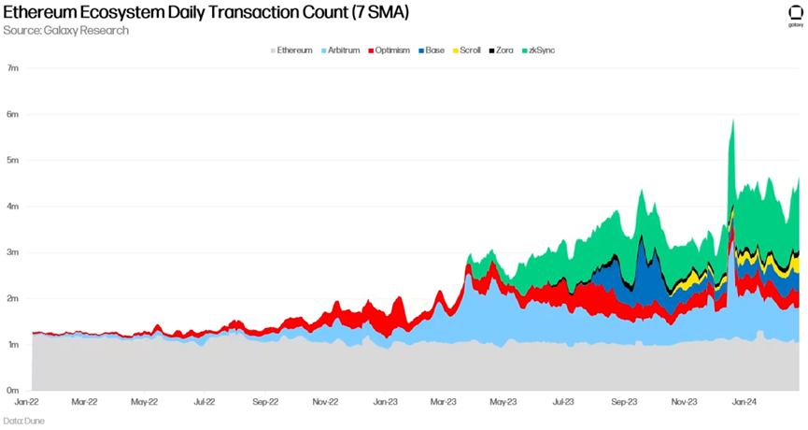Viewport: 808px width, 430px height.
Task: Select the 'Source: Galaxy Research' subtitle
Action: [67, 31]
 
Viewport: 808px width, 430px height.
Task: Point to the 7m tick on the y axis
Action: [13, 68]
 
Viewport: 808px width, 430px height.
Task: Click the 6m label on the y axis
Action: [13, 114]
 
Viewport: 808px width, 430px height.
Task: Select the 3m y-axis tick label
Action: [13, 252]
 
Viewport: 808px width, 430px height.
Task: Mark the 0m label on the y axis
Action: [13, 390]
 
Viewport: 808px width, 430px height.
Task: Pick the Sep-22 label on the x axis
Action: [265, 403]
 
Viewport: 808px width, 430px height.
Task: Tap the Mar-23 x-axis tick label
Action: [444, 403]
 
